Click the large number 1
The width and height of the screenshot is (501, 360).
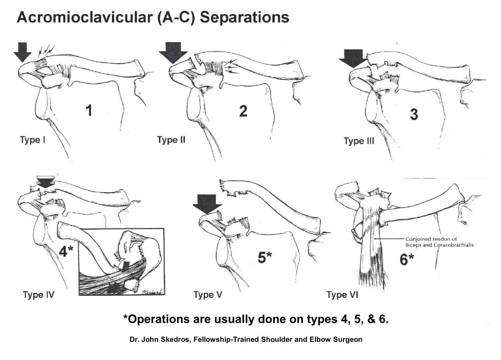click(x=89, y=111)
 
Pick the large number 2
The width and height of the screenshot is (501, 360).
click(x=242, y=111)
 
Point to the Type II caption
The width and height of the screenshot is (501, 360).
click(x=171, y=140)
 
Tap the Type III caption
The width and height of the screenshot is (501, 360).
click(x=359, y=141)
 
